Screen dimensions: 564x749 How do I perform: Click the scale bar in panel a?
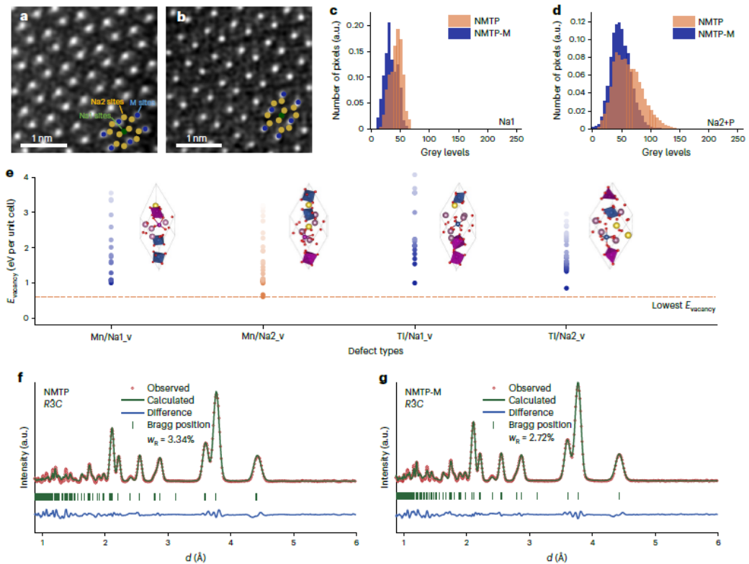point(43,145)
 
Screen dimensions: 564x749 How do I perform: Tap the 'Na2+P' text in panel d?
point(720,124)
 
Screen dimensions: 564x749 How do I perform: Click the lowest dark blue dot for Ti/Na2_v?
point(567,288)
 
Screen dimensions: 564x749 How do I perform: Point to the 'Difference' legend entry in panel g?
point(532,413)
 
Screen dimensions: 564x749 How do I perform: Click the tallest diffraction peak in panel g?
point(578,385)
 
